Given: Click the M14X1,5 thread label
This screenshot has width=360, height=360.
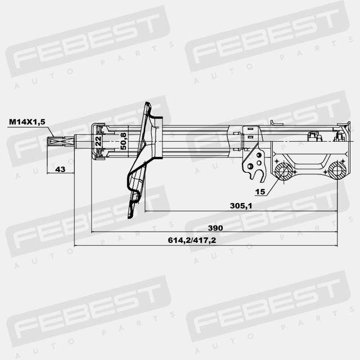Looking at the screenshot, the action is [27, 121].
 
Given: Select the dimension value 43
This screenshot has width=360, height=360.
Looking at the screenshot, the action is [60, 169].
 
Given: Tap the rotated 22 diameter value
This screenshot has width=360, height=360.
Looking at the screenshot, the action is [98, 141].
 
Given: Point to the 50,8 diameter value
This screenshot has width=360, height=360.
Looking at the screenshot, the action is [124, 141].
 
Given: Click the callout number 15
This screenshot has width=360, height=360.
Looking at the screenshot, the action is [260, 191].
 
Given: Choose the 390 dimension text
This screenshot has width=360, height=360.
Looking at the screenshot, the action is [215, 228].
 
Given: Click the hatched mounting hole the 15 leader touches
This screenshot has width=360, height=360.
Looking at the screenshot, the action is [283, 171].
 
